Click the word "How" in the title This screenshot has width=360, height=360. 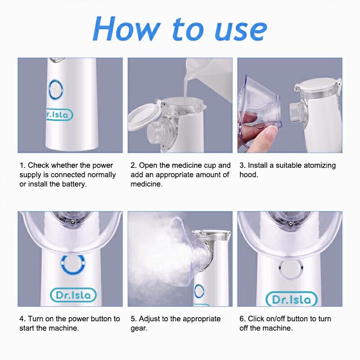click(x=127, y=29)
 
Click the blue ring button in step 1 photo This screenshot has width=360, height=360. click(x=56, y=90)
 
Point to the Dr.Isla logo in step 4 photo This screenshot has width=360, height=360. click(x=73, y=295)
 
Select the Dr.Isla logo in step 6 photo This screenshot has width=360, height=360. click(x=291, y=299)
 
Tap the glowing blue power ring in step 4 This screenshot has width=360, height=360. click(x=73, y=264)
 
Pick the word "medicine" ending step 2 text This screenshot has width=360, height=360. click(x=147, y=184)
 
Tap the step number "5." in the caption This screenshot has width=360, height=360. click(x=134, y=319)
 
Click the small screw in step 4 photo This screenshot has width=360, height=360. click(x=73, y=221)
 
